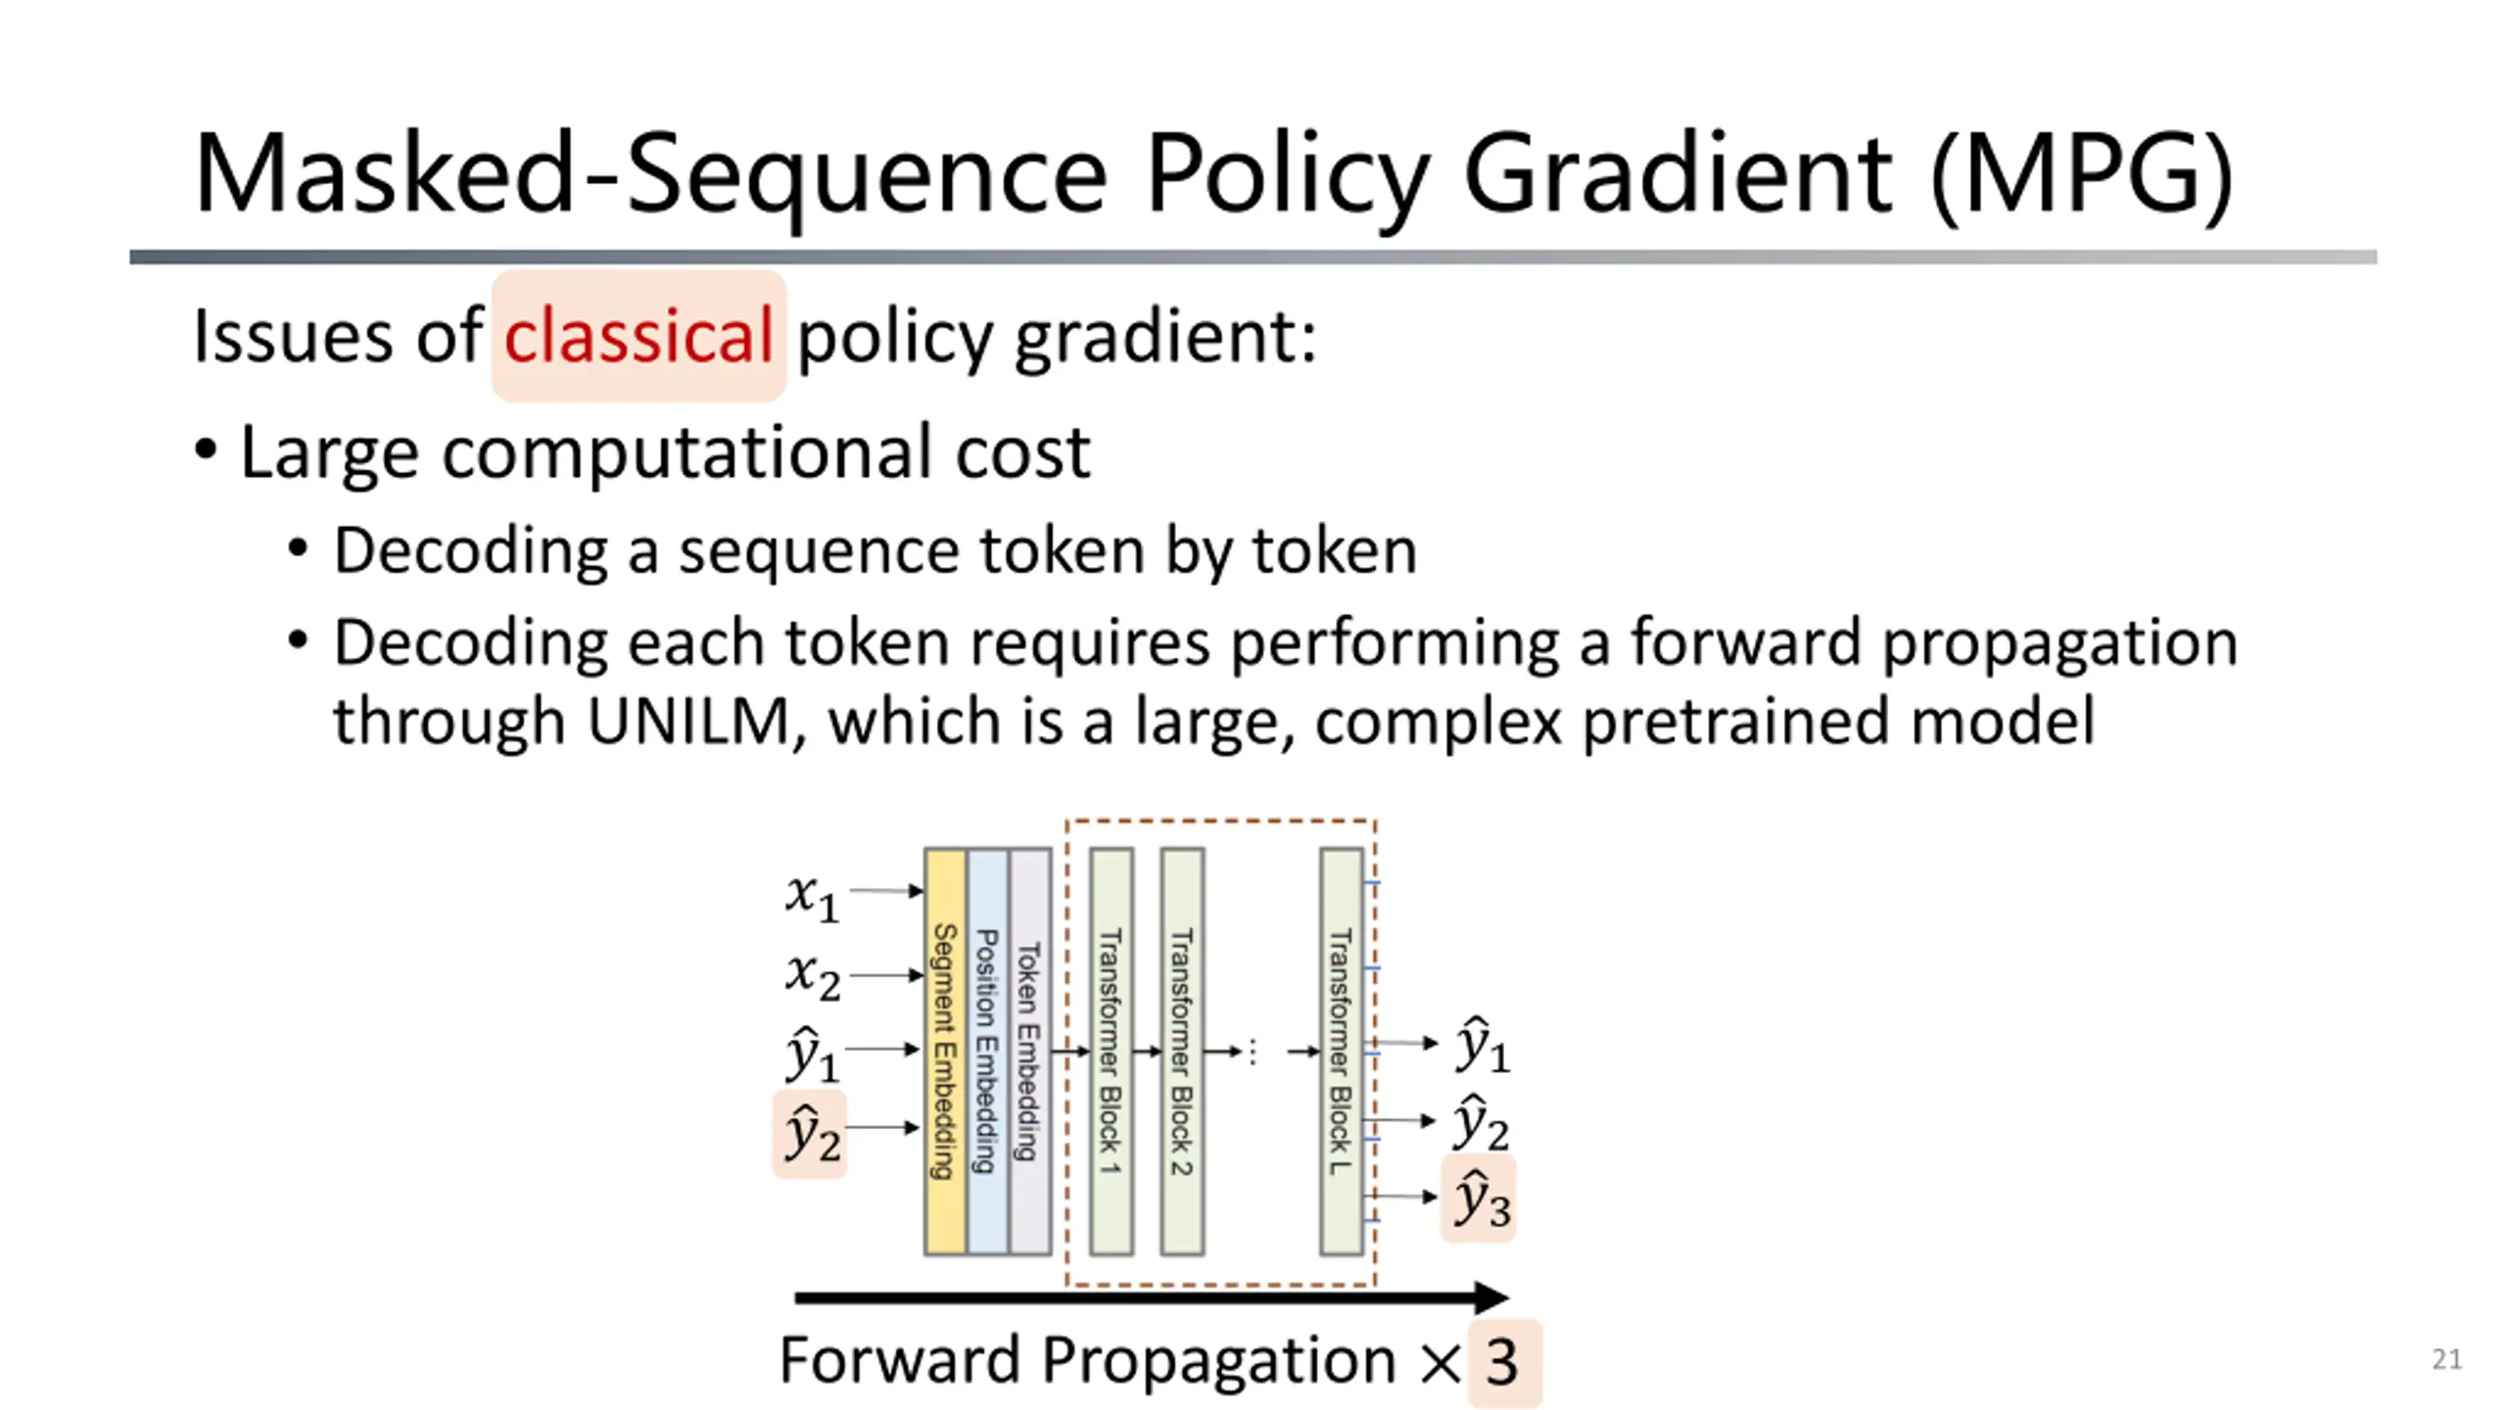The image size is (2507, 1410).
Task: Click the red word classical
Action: (639, 336)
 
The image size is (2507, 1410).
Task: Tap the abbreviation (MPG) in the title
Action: (2080, 174)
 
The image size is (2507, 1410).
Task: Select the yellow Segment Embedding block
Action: (945, 1051)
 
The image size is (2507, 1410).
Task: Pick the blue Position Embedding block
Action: (987, 1051)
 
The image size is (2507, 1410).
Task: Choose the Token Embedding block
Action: (1029, 1051)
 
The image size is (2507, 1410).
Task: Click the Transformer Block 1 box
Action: (1111, 1051)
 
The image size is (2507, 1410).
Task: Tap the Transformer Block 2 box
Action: (1182, 1051)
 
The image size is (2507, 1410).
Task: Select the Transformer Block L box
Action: (1341, 1051)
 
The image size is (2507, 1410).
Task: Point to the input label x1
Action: (812, 896)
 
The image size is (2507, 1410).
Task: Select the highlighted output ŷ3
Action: (1480, 1198)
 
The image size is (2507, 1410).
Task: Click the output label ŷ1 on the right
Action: (1482, 1045)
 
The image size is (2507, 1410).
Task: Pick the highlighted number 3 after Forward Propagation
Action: (1502, 1362)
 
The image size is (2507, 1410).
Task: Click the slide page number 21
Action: (2446, 1359)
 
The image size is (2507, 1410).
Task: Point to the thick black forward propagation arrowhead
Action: (1491, 1298)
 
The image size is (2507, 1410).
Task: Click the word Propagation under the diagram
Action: (1218, 1361)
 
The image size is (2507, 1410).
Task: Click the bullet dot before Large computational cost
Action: (206, 451)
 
